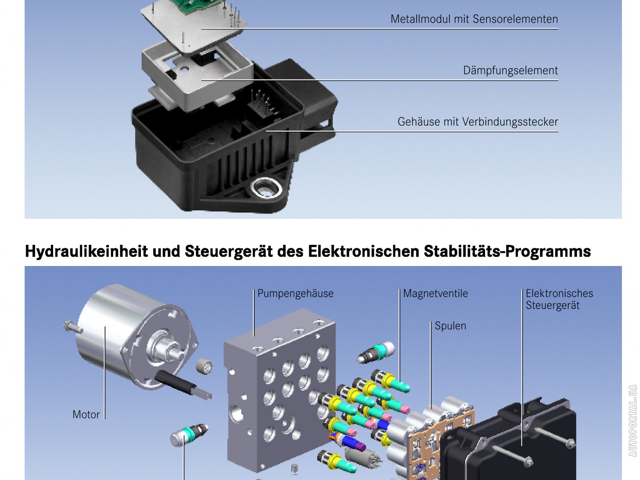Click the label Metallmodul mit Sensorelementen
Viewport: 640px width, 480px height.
point(474,19)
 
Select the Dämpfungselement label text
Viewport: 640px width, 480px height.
point(510,70)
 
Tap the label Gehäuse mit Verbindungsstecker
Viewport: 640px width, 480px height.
point(478,122)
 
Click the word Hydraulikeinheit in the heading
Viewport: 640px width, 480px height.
point(86,251)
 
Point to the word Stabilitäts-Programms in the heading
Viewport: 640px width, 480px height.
point(507,251)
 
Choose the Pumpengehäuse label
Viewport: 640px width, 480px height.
point(295,294)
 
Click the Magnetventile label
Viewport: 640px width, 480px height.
point(435,294)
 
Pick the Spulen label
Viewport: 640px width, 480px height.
point(450,326)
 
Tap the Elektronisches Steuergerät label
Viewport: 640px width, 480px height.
point(559,299)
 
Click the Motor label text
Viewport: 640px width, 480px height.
point(86,414)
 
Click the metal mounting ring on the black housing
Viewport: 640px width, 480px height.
point(266,188)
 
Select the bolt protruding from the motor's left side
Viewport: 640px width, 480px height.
point(73,327)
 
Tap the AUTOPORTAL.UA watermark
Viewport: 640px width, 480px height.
point(632,420)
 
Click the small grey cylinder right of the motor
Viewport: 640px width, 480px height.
point(204,366)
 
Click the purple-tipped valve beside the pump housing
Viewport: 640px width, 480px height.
point(348,441)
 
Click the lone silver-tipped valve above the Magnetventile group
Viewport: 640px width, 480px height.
point(376,352)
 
